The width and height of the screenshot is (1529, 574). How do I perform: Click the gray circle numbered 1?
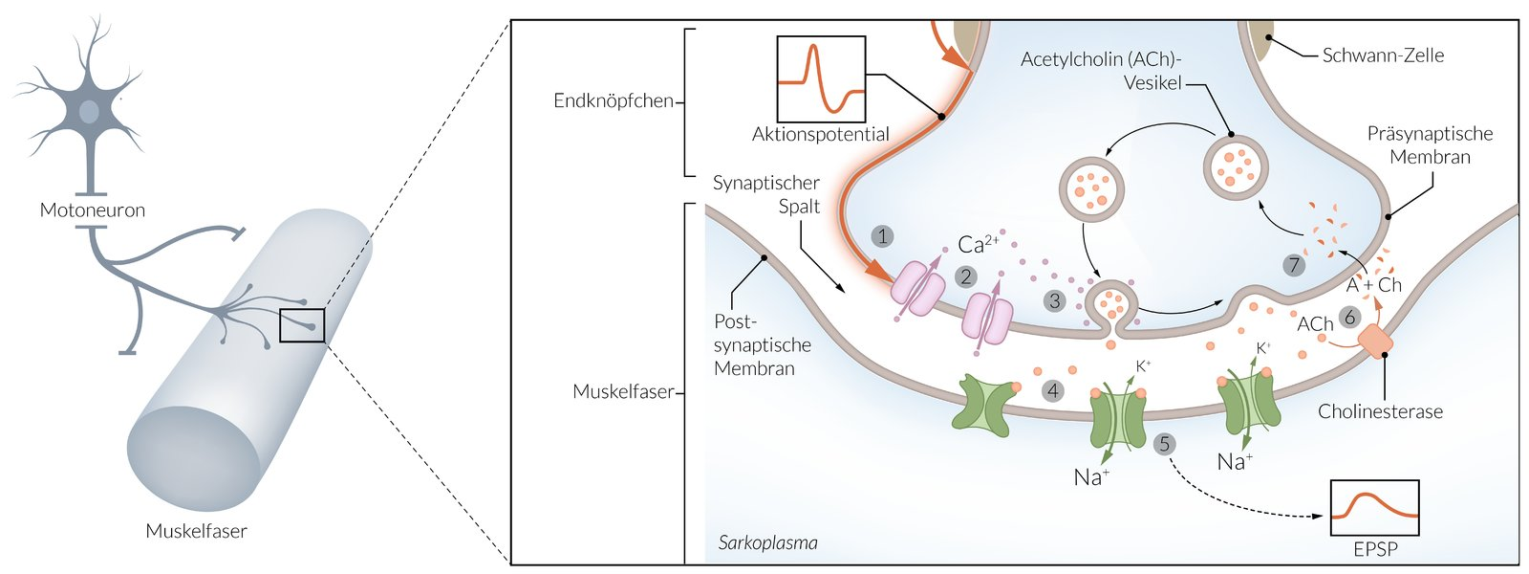882,236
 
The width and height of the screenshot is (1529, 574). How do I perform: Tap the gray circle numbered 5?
1164,444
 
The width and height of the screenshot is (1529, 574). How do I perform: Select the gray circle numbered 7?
1294,265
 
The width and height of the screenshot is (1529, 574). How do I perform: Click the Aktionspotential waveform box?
821,79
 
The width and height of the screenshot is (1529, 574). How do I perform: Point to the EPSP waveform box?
1374,508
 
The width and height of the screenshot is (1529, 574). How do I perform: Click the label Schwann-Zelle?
1382,55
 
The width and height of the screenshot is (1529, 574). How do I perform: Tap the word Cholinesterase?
1380,411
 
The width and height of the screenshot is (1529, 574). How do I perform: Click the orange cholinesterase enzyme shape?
1375,342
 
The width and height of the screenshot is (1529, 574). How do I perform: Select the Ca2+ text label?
977,245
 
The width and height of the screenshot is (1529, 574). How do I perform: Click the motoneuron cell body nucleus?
88,112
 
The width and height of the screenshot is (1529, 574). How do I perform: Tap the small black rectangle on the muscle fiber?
302,325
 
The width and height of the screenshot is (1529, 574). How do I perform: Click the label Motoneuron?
93,210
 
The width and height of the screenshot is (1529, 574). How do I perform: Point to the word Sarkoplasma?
767,542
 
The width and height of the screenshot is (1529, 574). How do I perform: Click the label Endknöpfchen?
613,100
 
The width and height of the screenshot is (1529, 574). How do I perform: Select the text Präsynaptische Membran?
1430,145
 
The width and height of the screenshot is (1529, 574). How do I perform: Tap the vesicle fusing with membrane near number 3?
1110,306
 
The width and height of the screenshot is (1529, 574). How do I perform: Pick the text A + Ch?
1373,285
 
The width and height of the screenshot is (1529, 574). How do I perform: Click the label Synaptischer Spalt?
767,194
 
